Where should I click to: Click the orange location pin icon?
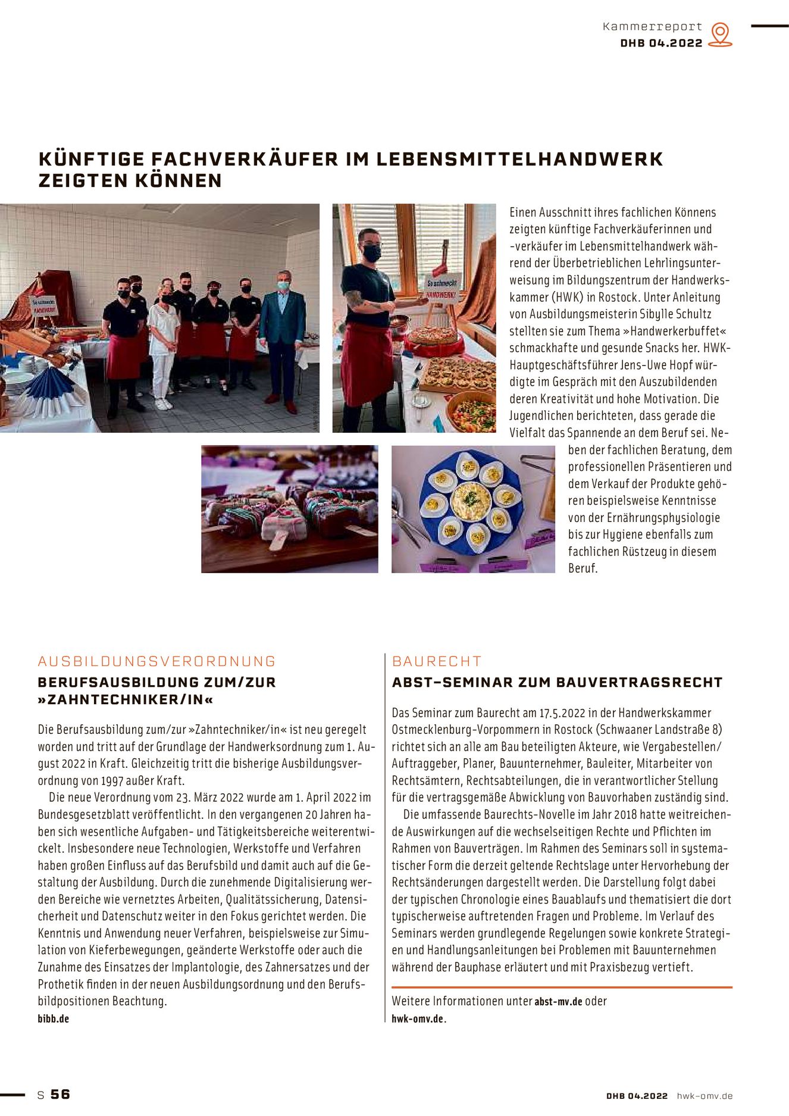[x=721, y=34]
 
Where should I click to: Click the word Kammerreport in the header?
[x=652, y=27]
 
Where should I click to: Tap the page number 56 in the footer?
[x=60, y=1094]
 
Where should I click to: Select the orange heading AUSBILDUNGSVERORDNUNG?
[x=157, y=661]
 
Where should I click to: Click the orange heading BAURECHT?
[x=437, y=661]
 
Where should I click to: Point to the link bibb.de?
[x=54, y=1018]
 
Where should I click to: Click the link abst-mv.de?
[x=558, y=1002]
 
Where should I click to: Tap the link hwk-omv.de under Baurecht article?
[x=418, y=1018]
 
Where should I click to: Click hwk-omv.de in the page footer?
[x=705, y=1096]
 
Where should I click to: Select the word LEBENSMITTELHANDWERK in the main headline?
[x=519, y=159]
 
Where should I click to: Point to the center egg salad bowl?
[x=470, y=501]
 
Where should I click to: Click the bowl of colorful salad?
[x=472, y=412]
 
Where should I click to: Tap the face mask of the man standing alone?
[x=372, y=252]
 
